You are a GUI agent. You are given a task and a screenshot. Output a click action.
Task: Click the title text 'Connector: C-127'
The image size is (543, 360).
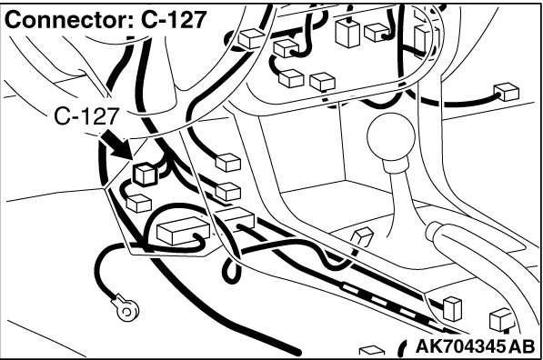[x=106, y=20]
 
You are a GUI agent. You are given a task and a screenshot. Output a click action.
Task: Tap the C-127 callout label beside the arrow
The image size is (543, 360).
[x=86, y=116]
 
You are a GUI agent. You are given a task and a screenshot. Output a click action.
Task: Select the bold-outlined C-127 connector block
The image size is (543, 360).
[x=146, y=175]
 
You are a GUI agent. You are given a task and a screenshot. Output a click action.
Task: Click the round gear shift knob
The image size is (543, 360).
[x=391, y=136]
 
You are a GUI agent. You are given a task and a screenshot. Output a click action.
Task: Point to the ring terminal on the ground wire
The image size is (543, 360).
[x=126, y=308]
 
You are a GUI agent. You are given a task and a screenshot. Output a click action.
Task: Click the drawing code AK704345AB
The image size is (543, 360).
[x=475, y=346]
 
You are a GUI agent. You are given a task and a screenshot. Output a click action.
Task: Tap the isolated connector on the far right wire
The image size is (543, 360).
[x=507, y=92]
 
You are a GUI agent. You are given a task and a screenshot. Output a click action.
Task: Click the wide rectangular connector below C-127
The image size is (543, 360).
[x=183, y=231]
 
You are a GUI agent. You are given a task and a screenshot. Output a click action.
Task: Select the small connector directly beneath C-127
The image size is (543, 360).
[x=139, y=204]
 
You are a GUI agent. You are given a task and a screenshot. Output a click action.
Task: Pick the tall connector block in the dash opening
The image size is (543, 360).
[x=347, y=33]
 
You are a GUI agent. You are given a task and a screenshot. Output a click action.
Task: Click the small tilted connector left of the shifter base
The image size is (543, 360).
[x=362, y=237]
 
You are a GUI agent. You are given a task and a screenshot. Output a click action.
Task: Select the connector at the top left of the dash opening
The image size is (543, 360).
[x=252, y=38]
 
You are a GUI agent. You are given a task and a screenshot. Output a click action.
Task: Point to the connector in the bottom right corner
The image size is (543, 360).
[x=502, y=319]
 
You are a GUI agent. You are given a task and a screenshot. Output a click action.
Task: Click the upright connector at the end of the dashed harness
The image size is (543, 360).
[x=452, y=308]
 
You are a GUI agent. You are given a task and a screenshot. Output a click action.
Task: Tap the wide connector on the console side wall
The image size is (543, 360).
[x=234, y=219]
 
